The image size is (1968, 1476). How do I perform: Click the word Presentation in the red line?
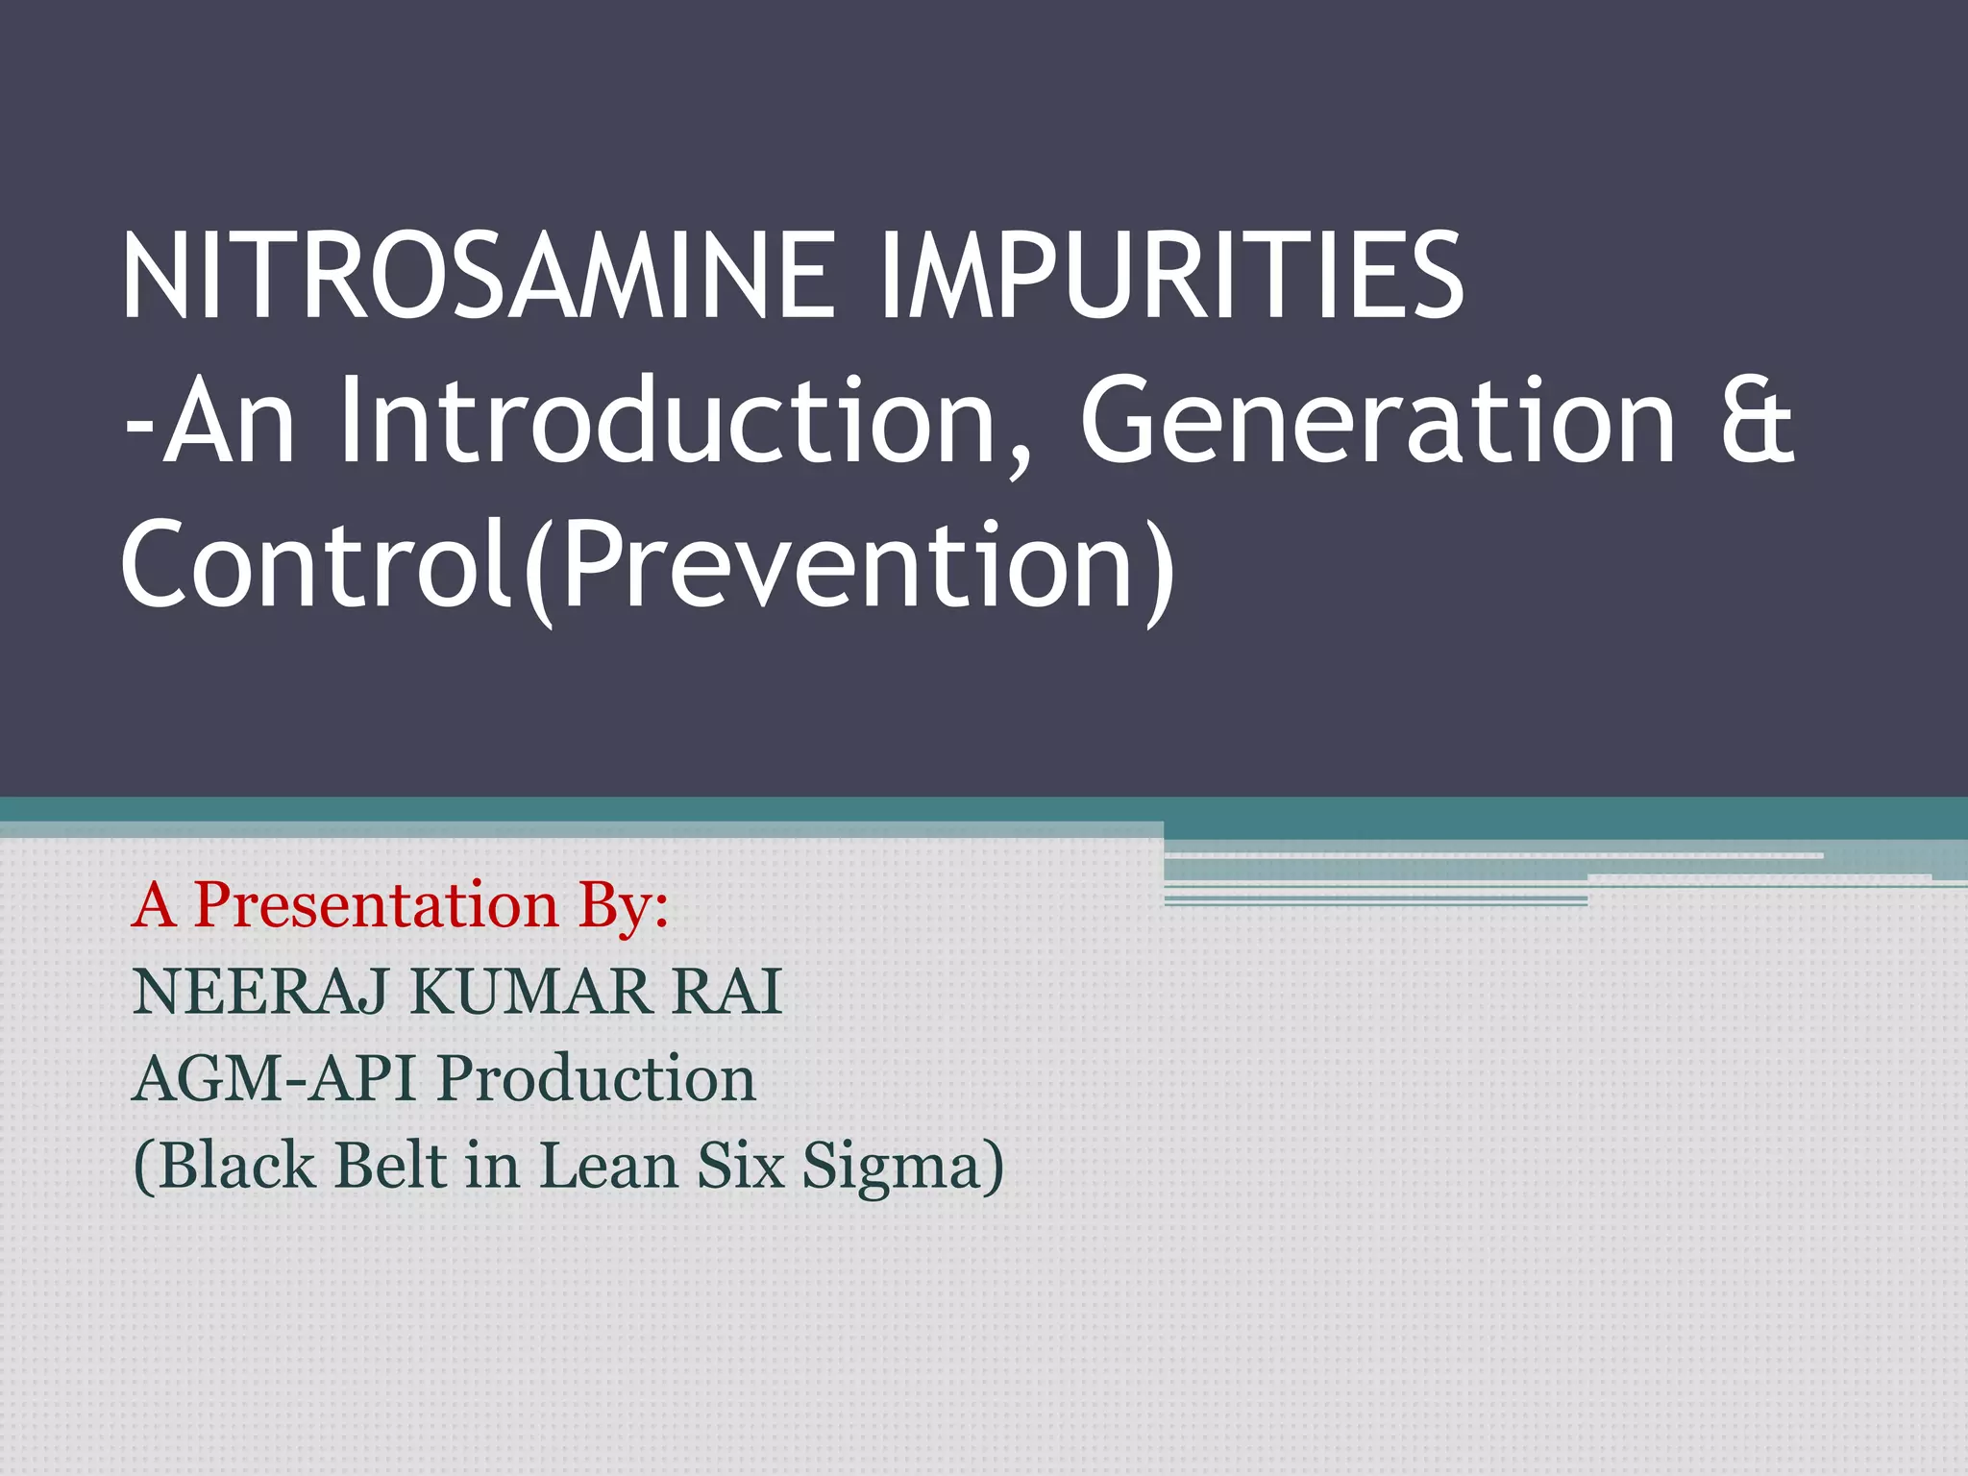pos(376,905)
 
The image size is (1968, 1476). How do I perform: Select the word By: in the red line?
pos(623,905)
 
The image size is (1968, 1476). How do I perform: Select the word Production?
pos(597,1078)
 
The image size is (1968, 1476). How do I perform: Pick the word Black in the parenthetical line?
pos(236,1165)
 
